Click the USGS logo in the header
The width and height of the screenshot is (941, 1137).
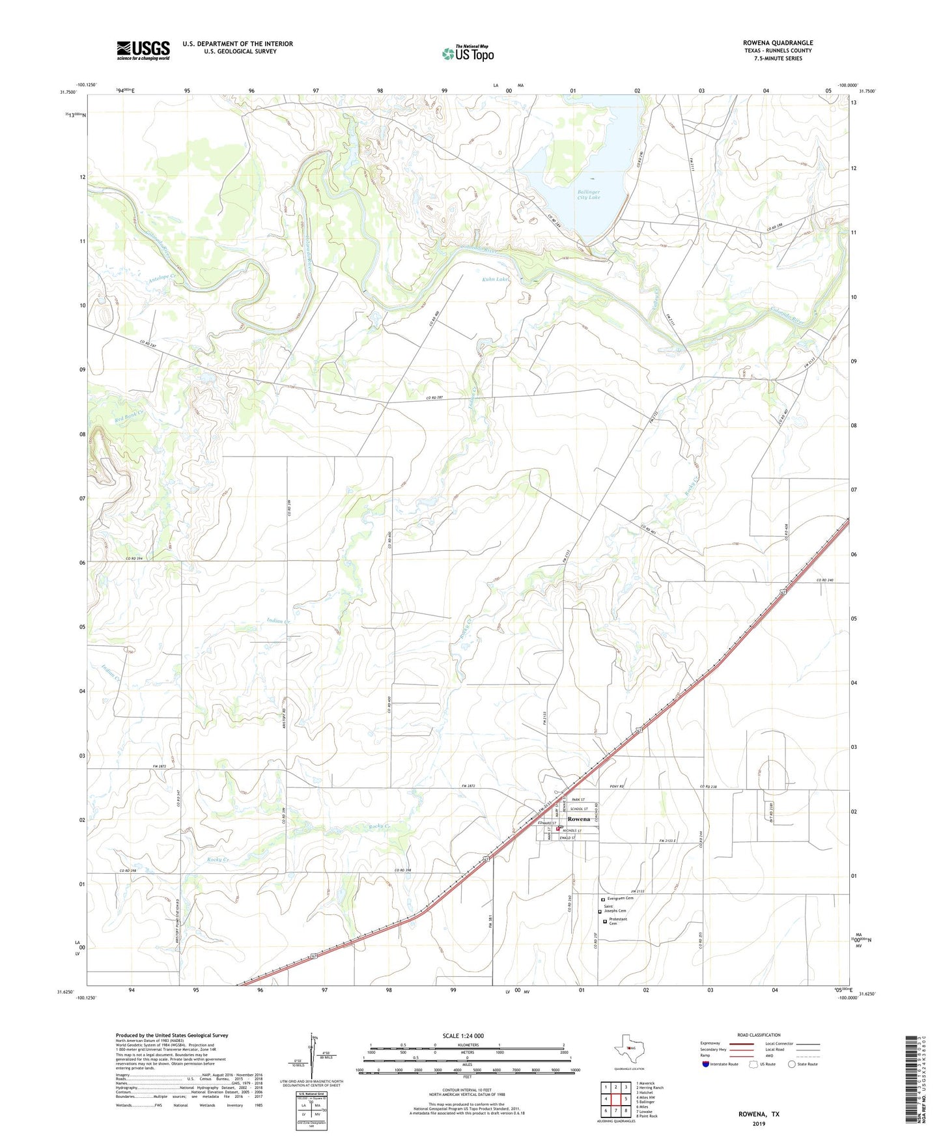[143, 50]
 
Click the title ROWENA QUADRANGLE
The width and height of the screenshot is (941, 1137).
[778, 43]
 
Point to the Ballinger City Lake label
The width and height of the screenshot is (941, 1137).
[589, 194]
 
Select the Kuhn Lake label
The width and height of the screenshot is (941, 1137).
[495, 279]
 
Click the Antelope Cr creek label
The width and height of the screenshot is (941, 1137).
[162, 279]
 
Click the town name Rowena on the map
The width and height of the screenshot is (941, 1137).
[578, 819]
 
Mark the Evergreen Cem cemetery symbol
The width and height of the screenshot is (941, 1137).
[603, 899]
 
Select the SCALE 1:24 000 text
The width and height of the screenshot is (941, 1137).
[463, 1035]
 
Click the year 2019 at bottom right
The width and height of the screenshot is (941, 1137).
[759, 1124]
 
